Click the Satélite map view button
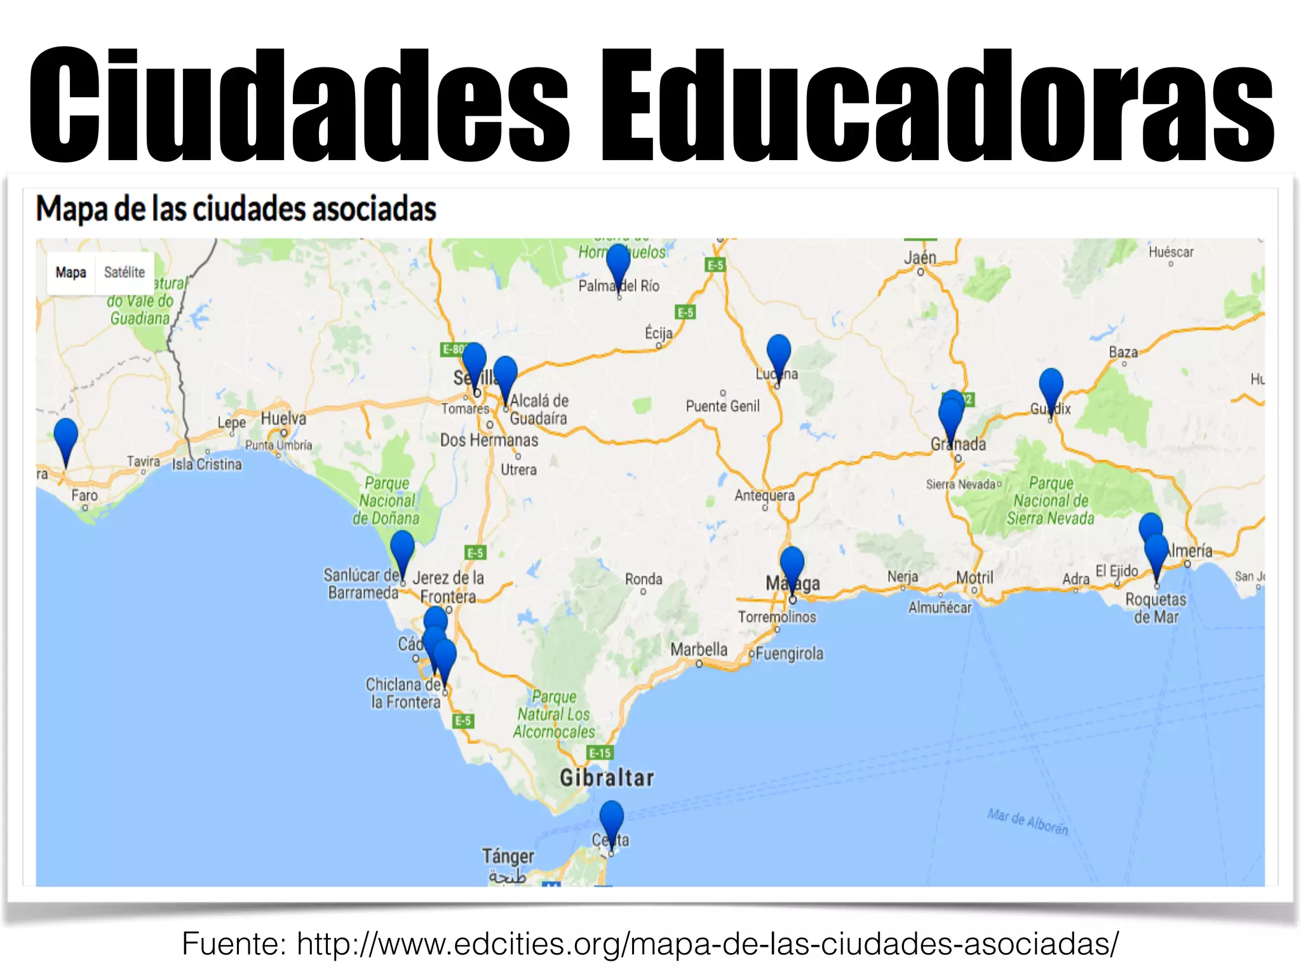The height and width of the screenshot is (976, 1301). pos(125,273)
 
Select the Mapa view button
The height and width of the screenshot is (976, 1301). pos(71,273)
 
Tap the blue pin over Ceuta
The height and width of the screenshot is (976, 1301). pos(611,817)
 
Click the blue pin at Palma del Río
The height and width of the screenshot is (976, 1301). pos(618,261)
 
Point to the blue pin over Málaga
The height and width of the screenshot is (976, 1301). pos(792,563)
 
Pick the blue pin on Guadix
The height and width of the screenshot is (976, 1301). pos(1051,385)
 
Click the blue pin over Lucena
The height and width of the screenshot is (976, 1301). pos(778,351)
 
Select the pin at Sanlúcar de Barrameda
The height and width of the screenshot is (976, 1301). pos(402,547)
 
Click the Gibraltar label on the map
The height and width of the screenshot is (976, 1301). pos(607,778)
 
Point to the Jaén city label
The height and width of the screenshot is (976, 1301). pos(920,257)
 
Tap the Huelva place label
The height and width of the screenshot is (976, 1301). pos(283,419)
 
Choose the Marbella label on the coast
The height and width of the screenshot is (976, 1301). pos(699,649)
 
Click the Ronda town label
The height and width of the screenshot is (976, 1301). pos(644,579)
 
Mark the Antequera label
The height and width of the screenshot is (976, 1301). pos(764,495)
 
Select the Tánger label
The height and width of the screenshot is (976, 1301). pos(508,856)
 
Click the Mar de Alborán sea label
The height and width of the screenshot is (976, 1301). pos(1027,822)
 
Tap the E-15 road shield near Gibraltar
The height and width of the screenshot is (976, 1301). pos(600,753)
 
